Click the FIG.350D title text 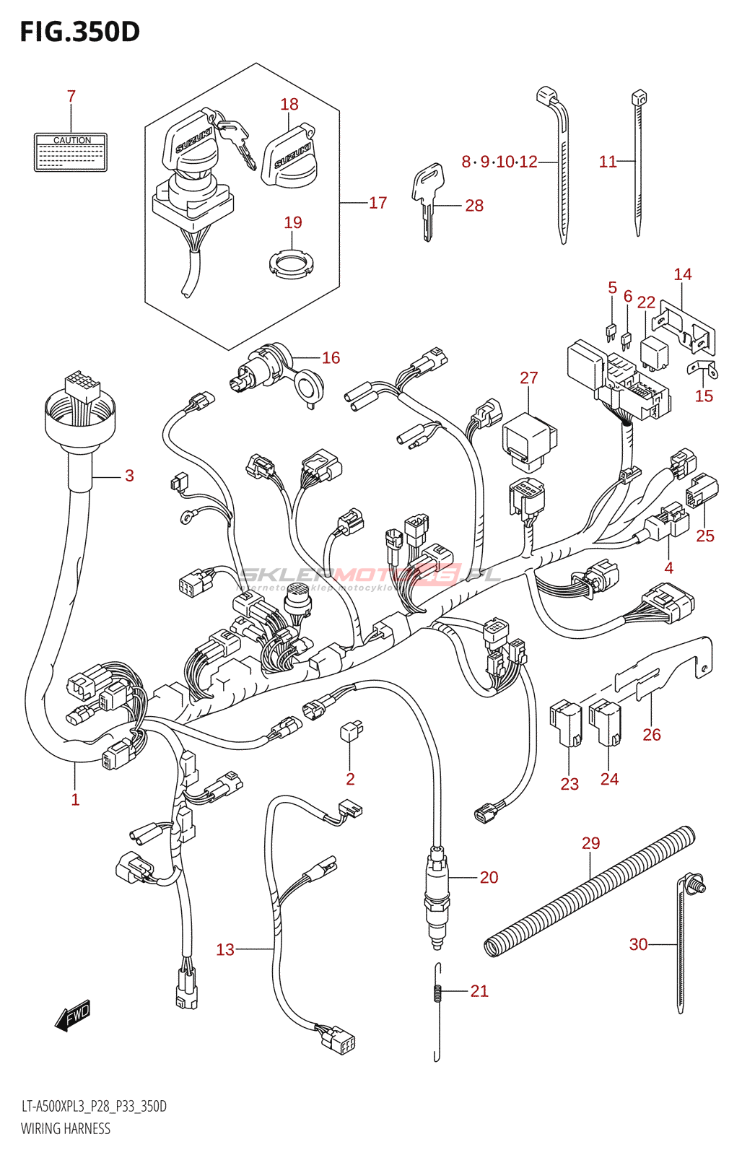tap(80, 32)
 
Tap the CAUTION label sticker tap(71, 152)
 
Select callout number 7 tap(71, 96)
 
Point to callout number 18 tap(289, 105)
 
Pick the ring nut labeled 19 tap(292, 263)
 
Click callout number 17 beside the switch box tap(377, 203)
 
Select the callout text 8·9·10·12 tap(499, 162)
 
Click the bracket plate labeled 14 tap(688, 328)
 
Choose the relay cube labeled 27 tap(529, 438)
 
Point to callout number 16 tap(331, 358)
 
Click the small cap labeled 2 tap(351, 732)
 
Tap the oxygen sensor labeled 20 tap(437, 895)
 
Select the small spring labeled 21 tap(437, 993)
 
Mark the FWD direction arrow tap(73, 1016)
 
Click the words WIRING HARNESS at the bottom tap(66, 1128)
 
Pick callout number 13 tap(225, 949)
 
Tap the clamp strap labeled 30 tap(681, 946)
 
